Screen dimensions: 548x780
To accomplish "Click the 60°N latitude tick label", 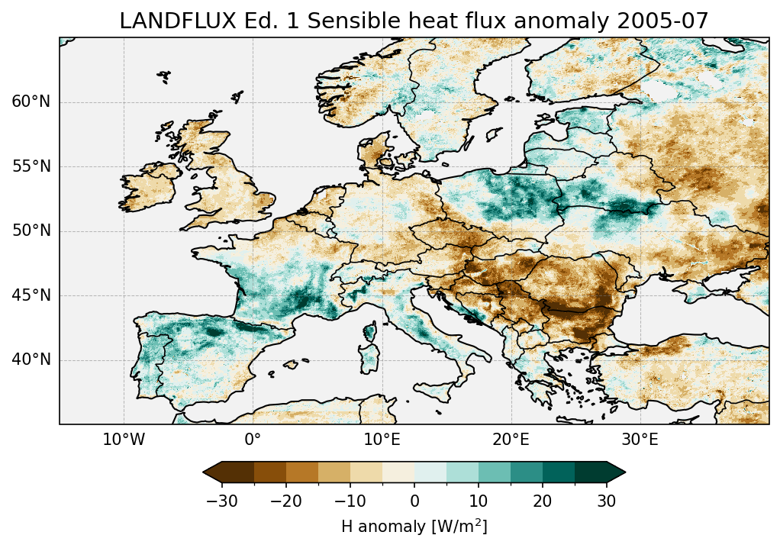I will [x=31, y=102].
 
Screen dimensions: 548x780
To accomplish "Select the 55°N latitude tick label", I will [x=31, y=166].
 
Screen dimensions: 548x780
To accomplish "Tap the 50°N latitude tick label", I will [x=31, y=231].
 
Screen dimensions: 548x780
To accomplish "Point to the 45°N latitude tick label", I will [x=31, y=295].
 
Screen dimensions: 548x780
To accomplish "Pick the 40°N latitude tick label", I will [x=31, y=359].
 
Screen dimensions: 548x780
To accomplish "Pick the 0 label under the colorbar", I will [x=414, y=501].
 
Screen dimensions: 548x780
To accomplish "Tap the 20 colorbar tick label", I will [x=542, y=501].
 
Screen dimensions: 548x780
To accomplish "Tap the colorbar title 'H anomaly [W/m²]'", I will [x=414, y=526].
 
